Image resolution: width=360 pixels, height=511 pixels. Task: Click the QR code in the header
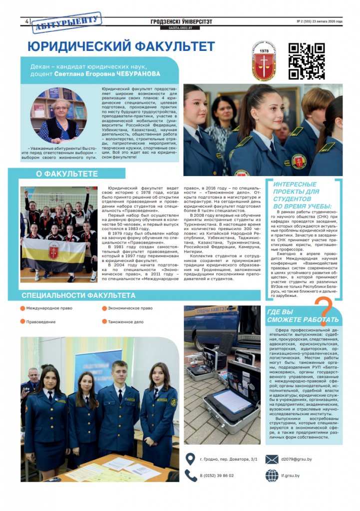307,61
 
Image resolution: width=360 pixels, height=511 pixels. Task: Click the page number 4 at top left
25,21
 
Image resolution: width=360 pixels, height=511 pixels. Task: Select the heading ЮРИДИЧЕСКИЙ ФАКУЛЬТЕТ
121,46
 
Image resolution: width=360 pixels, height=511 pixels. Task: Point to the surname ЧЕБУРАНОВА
136,74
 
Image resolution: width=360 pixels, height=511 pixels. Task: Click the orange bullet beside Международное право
22,308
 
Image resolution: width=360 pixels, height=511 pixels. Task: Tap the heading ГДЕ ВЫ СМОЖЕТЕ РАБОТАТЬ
303,315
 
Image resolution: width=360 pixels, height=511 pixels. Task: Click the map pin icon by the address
190,459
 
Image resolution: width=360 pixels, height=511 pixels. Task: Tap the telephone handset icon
190,475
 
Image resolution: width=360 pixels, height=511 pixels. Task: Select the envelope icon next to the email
272,459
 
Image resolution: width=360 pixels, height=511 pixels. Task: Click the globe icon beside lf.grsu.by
272,475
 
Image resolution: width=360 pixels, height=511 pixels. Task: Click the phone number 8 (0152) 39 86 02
217,476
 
